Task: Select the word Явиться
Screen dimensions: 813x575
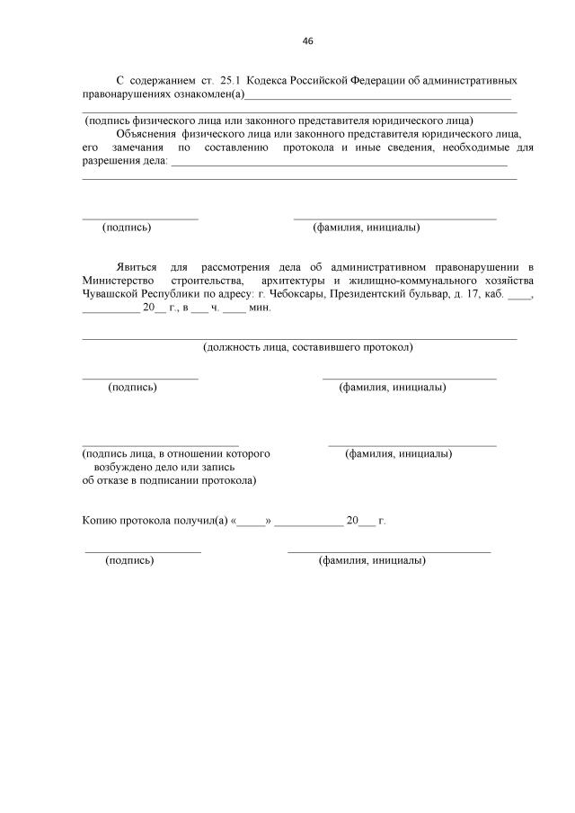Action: (137, 267)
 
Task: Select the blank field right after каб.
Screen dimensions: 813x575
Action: (518, 296)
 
